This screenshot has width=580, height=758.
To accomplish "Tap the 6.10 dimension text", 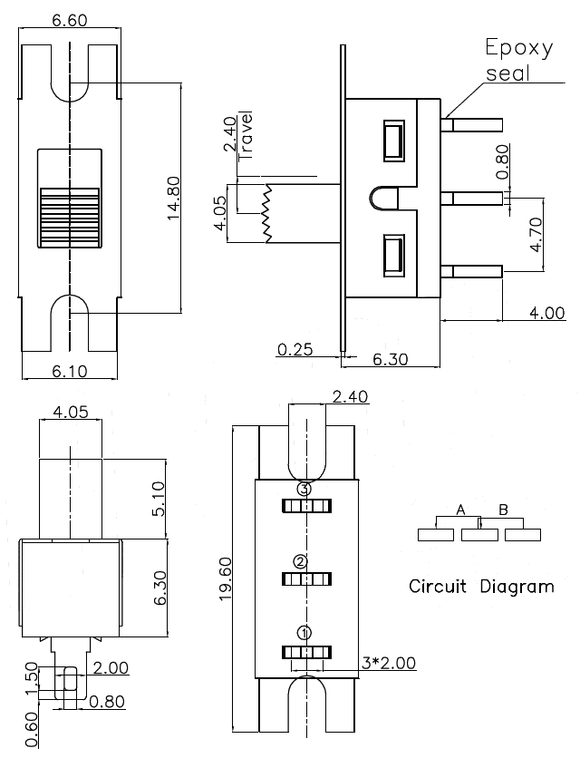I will [x=69, y=371].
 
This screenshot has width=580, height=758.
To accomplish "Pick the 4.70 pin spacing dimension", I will [x=536, y=233].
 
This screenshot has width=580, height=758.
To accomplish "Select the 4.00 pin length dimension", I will [x=546, y=313].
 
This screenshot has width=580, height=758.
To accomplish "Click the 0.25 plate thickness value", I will [x=297, y=349].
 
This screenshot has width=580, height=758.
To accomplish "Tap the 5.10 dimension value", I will [x=158, y=498].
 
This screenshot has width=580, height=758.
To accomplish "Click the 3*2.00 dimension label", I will [x=387, y=663].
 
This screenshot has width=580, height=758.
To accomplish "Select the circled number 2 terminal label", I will [x=301, y=561].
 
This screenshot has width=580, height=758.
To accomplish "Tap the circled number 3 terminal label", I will [x=304, y=490].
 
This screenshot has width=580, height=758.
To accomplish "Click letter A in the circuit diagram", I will [x=460, y=510].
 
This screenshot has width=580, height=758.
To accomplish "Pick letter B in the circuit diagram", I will [x=503, y=510].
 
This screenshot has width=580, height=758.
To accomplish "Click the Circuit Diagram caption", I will [x=480, y=586].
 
